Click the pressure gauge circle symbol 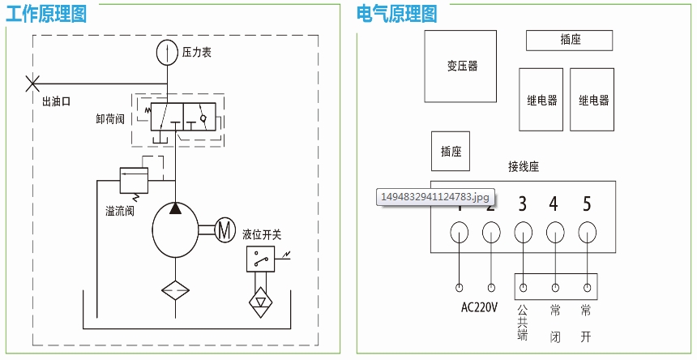point(167,51)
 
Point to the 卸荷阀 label point(109,119)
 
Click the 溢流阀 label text point(119,211)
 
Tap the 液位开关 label point(262,235)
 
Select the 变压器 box point(461,66)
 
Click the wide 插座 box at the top point(570,39)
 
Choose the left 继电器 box point(541,100)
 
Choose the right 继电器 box point(592,100)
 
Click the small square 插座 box point(451,152)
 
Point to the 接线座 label point(524,167)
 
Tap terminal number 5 point(587,204)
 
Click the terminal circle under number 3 point(523,234)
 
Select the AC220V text point(479,307)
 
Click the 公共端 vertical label point(523,322)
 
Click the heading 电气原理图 point(397,14)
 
